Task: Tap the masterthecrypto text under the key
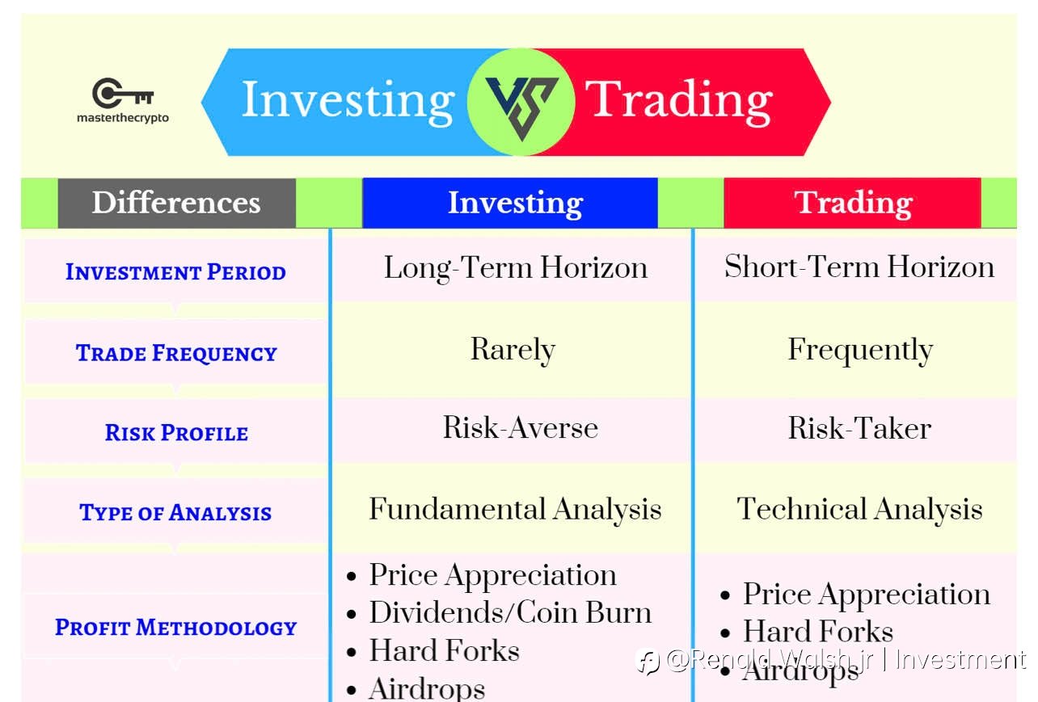click(123, 118)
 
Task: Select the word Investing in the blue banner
click(348, 102)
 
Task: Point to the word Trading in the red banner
click(679, 101)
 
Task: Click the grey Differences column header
click(176, 203)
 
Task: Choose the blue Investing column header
click(510, 203)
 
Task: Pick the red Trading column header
click(852, 203)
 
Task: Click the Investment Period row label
click(175, 271)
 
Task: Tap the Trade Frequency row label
click(176, 353)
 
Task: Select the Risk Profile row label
click(176, 433)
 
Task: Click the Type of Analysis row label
click(175, 513)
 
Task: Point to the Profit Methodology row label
click(176, 628)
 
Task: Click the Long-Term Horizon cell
click(516, 268)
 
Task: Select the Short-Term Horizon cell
click(859, 267)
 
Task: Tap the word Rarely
click(513, 350)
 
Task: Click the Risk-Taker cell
click(859, 428)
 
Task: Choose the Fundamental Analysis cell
click(515, 510)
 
